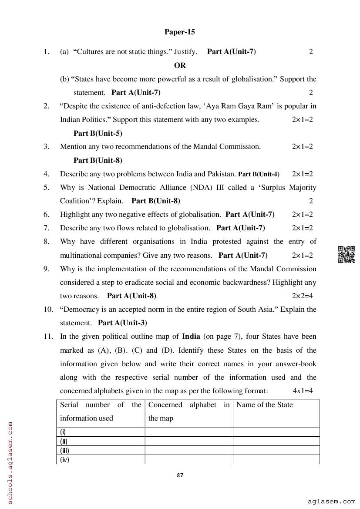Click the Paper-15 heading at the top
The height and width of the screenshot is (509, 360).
click(x=180, y=32)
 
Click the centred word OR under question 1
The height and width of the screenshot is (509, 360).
click(x=180, y=65)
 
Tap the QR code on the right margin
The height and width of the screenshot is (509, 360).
click(x=347, y=255)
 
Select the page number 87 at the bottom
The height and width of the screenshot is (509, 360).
click(x=180, y=475)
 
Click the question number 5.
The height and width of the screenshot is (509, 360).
click(x=46, y=187)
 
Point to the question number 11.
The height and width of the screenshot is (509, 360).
click(x=48, y=336)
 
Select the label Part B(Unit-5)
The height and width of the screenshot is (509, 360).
click(x=98, y=133)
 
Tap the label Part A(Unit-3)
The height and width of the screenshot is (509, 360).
click(x=122, y=323)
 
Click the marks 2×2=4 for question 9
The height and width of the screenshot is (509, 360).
click(x=302, y=296)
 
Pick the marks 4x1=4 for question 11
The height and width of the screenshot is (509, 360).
click(x=303, y=391)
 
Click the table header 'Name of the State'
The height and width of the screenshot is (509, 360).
click(x=265, y=405)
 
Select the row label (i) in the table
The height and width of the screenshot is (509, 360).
click(x=63, y=432)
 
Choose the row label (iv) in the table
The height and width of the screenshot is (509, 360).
click(x=64, y=460)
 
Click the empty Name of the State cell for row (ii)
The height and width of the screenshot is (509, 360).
click(x=276, y=441)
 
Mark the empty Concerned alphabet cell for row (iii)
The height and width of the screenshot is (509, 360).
click(x=188, y=451)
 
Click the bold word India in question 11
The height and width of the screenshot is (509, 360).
click(x=191, y=336)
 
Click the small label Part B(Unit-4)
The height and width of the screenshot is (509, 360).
click(x=259, y=174)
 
